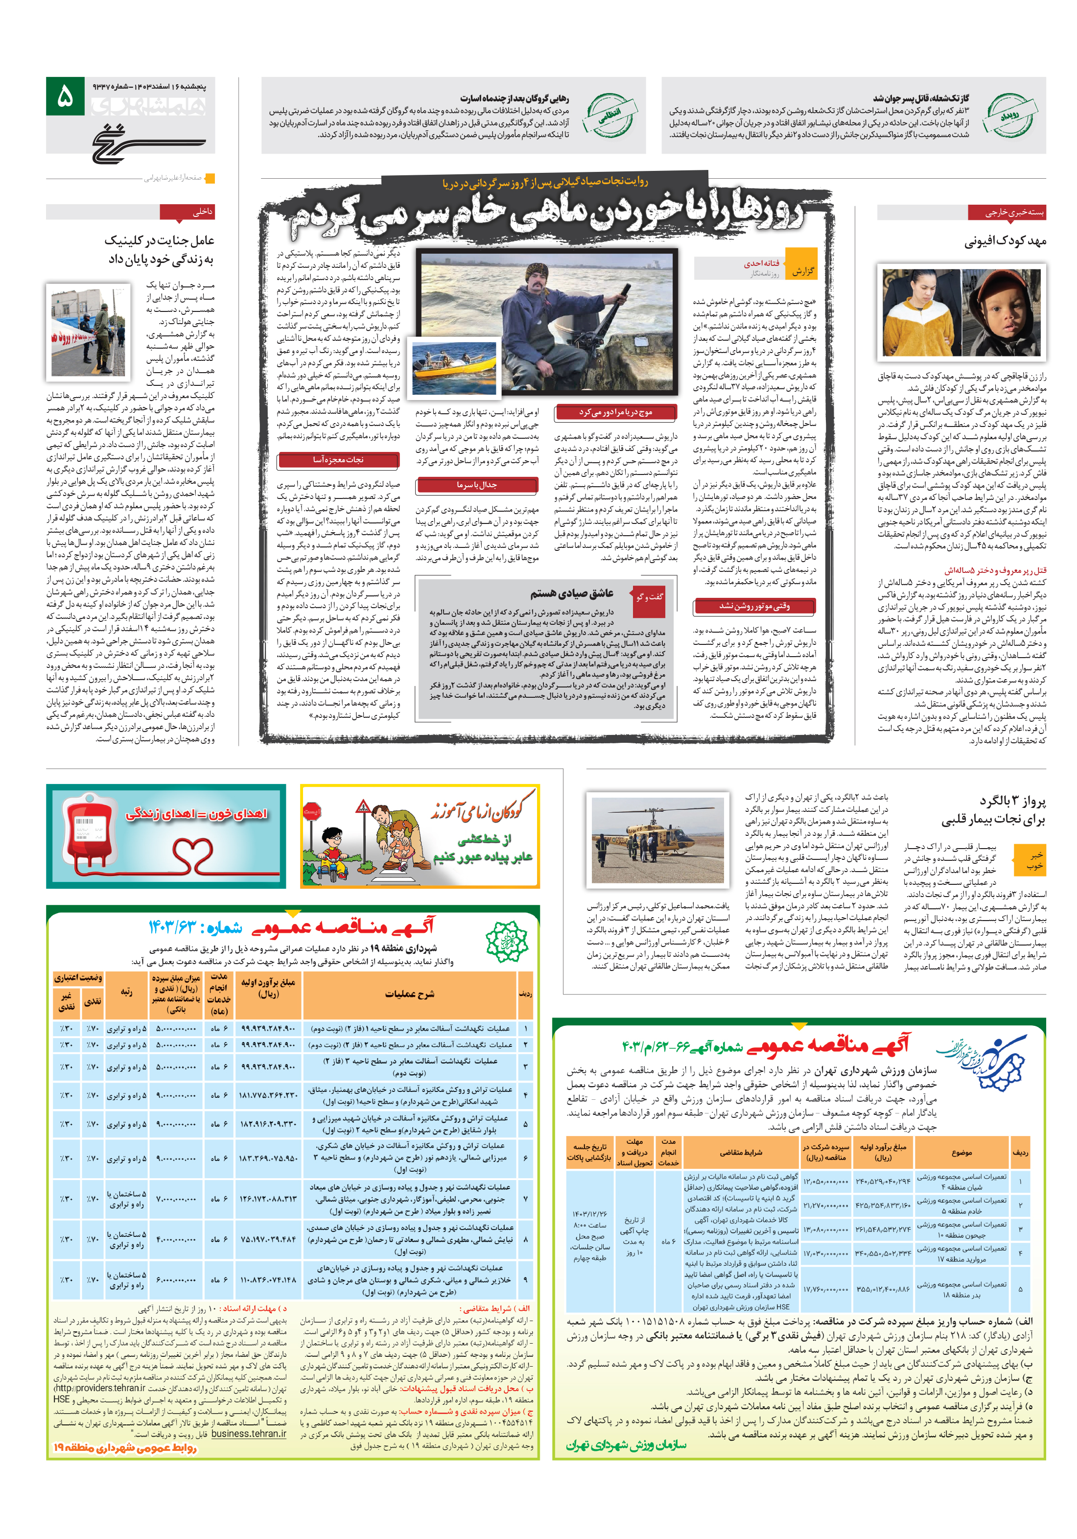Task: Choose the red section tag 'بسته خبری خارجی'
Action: pyautogui.click(x=1006, y=213)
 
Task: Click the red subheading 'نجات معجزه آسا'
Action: pyautogui.click(x=338, y=460)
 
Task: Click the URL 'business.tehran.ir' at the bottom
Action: pyautogui.click(x=248, y=1434)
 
